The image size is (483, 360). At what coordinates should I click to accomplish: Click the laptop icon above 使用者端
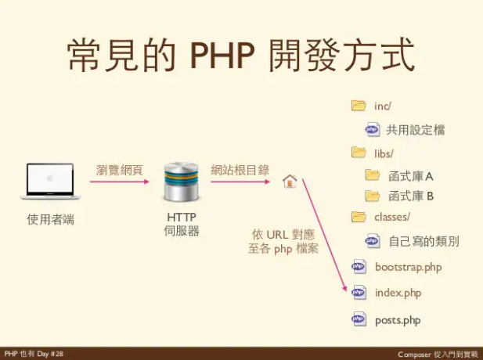pos(50,181)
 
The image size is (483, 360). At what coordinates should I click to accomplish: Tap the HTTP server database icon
pos(181,182)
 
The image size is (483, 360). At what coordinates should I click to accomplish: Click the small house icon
pos(289,182)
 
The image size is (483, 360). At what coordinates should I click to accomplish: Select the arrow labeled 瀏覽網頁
pos(119,182)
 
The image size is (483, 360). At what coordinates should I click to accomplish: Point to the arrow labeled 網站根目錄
pos(240,182)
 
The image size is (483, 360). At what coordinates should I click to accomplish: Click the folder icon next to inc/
pos(359,106)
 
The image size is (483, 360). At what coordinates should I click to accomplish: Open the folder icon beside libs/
pos(359,152)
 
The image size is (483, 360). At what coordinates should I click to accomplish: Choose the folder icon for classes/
pos(359,217)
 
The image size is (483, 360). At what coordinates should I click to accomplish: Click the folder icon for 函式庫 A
pos(373,175)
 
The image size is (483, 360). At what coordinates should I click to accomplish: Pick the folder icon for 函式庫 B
pos(373,195)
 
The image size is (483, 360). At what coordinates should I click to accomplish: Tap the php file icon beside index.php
pos(359,293)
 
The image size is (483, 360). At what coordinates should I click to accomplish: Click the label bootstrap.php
pos(408,268)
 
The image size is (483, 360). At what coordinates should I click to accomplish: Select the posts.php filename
pos(398,320)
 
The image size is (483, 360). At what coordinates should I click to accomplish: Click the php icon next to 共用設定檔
pos(372,129)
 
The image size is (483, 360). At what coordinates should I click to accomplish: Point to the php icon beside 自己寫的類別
pos(373,241)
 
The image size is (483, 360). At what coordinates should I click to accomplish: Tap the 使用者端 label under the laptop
pos(50,219)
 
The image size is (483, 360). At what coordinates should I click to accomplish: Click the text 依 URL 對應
pos(283,234)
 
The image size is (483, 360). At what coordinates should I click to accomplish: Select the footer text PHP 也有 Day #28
pos(33,354)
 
